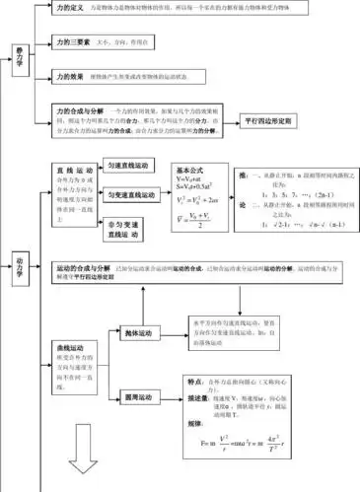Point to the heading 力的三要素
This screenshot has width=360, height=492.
pyautogui.click(x=76, y=42)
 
